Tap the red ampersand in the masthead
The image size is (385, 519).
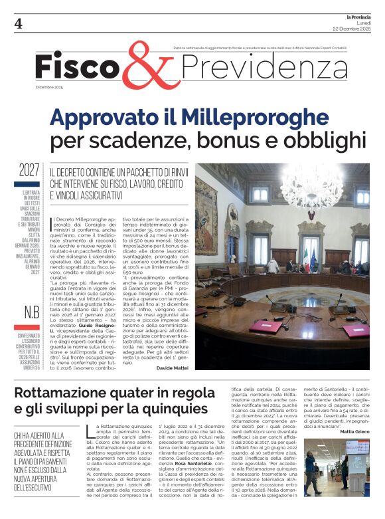[141, 68]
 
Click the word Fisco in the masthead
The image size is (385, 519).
[76, 68]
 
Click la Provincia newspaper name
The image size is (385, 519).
[356, 15]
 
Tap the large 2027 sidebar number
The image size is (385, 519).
[29, 170]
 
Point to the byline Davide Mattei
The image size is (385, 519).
[173, 367]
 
